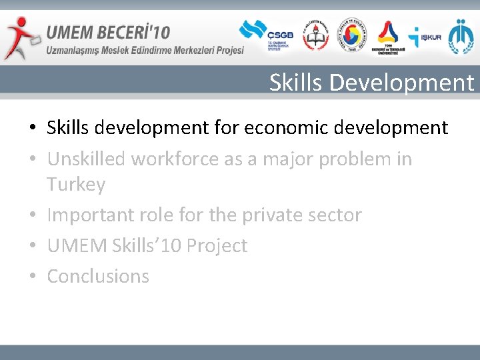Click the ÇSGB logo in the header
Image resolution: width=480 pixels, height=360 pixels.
(261, 36)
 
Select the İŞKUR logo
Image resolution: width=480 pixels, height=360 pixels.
(424, 37)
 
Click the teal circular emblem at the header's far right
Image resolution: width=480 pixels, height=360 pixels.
(461, 37)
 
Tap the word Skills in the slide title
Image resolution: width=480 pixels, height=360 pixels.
(297, 83)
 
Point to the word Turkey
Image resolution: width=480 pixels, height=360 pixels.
(76, 184)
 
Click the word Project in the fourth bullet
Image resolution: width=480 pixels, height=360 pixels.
(217, 245)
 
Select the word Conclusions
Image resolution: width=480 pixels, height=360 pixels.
(98, 276)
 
